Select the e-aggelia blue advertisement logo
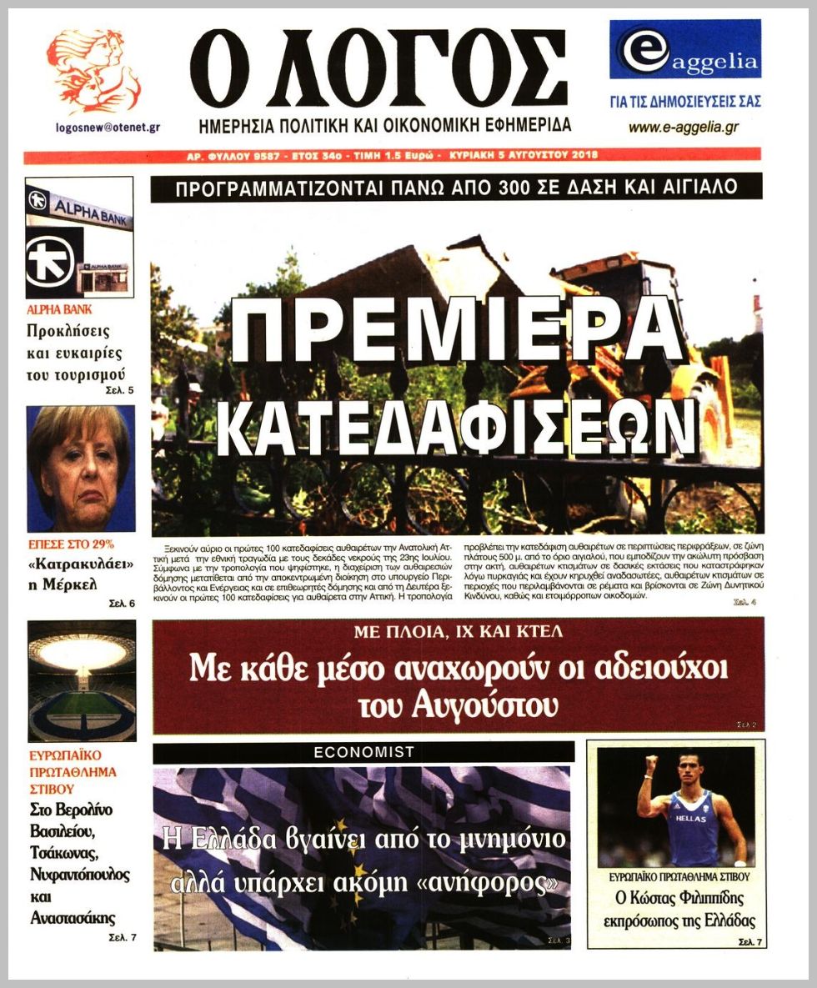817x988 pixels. (684, 50)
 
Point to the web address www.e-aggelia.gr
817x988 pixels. (684, 128)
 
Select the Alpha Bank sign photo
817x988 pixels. (79, 238)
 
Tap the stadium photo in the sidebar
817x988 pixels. (81, 681)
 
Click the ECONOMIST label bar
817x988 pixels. (363, 752)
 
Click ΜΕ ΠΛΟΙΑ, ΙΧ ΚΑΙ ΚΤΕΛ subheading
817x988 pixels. (458, 632)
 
